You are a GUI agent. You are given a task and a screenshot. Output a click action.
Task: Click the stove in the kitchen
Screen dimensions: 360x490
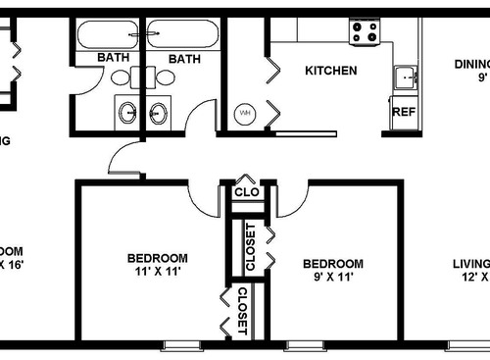365,32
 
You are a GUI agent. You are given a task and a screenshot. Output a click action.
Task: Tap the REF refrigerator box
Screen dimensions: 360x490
403,111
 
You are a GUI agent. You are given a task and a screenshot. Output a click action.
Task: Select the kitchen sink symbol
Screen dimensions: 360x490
403,77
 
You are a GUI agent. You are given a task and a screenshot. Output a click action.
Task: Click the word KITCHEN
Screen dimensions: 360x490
330,71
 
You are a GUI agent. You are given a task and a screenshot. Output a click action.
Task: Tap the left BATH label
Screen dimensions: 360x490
114,59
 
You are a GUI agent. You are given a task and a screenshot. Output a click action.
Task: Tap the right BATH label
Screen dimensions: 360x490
184,59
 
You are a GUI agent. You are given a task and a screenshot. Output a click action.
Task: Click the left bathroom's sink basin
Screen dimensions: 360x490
127,112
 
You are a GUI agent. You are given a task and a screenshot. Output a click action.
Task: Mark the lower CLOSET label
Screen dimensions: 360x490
241,312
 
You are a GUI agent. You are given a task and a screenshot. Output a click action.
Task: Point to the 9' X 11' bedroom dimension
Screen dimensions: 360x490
332,278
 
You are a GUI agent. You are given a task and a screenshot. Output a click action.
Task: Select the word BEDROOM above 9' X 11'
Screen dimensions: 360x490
332,263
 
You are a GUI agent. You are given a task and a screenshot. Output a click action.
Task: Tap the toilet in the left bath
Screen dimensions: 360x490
120,77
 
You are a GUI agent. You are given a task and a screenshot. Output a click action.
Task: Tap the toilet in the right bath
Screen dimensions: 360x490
162,77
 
